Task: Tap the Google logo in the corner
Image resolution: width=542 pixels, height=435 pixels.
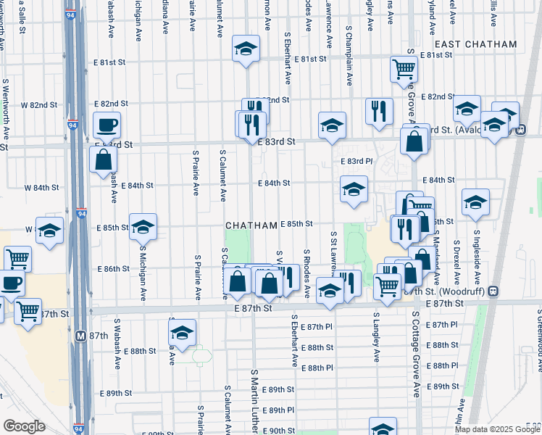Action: coord(24,426)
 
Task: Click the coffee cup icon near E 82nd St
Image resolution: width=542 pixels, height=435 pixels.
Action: coord(106,125)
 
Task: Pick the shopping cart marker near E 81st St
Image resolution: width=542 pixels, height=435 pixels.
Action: coord(404,70)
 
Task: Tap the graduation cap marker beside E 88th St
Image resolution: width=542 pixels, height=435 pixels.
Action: coord(183,333)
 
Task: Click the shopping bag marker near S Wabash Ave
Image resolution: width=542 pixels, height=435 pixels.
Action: coord(104,159)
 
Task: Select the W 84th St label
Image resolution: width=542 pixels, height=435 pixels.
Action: coord(41,188)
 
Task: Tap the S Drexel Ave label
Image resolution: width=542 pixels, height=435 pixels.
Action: coord(456,261)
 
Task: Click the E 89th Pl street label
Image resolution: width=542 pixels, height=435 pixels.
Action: coord(276,410)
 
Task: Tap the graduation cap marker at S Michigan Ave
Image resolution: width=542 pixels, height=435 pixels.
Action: coord(143,227)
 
